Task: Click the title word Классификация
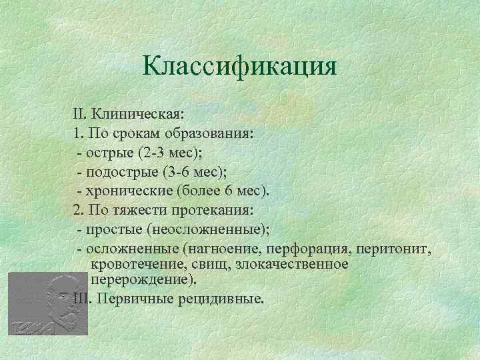click(x=240, y=67)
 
